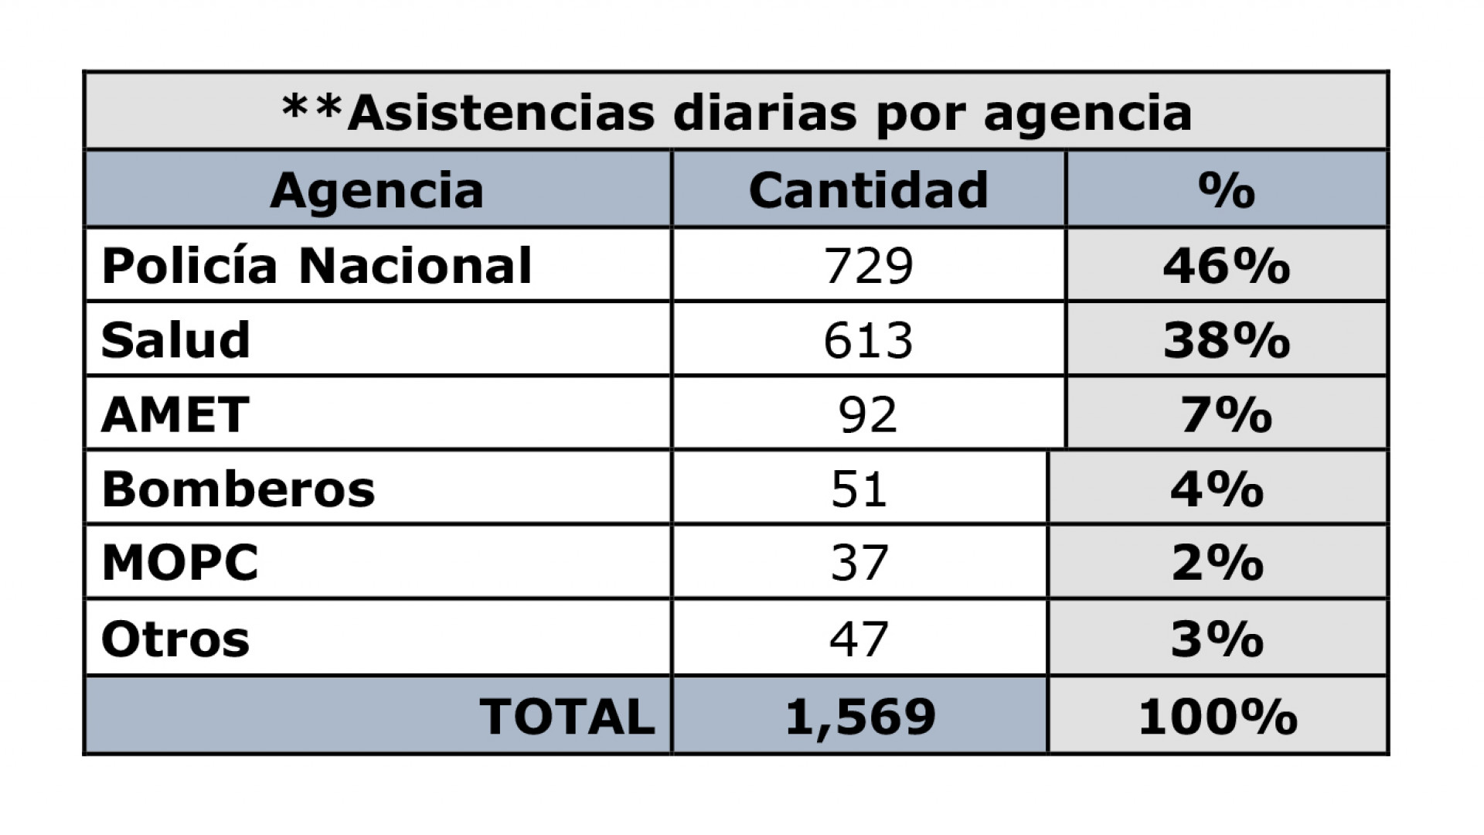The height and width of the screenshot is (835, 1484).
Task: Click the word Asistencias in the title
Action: pyautogui.click(x=502, y=113)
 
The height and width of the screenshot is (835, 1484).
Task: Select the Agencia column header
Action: pyautogui.click(x=376, y=190)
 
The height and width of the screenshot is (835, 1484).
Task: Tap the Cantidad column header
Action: pyautogui.click(x=868, y=190)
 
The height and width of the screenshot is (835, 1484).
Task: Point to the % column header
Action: pyautogui.click(x=1226, y=190)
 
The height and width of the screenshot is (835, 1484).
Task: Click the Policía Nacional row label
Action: pyautogui.click(x=317, y=265)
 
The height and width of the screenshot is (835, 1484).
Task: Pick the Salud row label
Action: pyautogui.click(x=175, y=340)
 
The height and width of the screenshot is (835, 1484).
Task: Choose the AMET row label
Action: pyautogui.click(x=175, y=414)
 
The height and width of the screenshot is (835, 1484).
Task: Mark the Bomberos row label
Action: pyautogui.click(x=238, y=489)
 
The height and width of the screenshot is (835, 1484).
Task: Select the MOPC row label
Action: pyautogui.click(x=180, y=563)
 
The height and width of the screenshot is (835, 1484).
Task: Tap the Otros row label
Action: pyautogui.click(x=175, y=639)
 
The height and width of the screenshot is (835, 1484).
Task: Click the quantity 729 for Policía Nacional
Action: pyautogui.click(x=868, y=265)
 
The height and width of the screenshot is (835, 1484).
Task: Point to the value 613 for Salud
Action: pyautogui.click(x=868, y=340)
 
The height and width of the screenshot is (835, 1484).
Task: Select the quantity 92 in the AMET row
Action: pyautogui.click(x=868, y=414)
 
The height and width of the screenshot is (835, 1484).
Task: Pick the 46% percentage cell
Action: pyautogui.click(x=1226, y=265)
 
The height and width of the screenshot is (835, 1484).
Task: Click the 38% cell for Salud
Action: pyautogui.click(x=1226, y=340)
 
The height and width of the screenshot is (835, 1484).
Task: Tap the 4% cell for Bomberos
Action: pyautogui.click(x=1217, y=489)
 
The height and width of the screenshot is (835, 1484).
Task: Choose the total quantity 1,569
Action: pyautogui.click(x=860, y=716)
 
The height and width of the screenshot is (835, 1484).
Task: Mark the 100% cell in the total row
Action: pyautogui.click(x=1217, y=716)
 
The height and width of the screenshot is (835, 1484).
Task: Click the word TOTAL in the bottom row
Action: pyautogui.click(x=567, y=716)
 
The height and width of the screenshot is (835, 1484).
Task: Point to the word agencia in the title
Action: pyautogui.click(x=1087, y=113)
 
